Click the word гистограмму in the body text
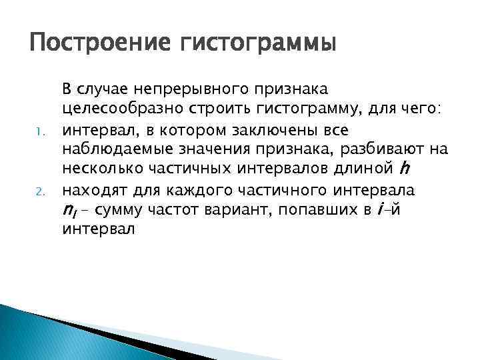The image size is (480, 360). [x=316, y=107]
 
